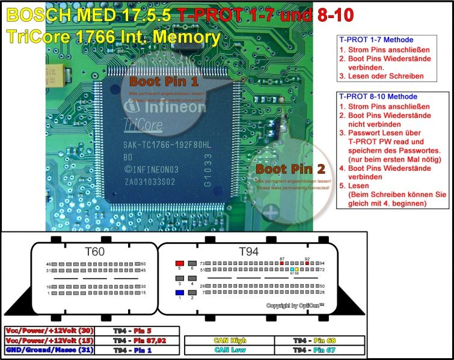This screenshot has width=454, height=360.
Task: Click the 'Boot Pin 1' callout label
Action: click(x=164, y=81)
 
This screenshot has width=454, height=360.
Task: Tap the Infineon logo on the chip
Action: click(x=164, y=108)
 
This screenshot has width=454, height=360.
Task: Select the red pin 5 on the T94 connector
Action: click(x=179, y=264)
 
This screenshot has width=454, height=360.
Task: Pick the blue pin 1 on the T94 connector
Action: click(x=179, y=293)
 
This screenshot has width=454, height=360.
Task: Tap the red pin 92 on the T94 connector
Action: click(x=307, y=264)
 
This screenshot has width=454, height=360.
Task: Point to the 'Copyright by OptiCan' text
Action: click(x=295, y=306)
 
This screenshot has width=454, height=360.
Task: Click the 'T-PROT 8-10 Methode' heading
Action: click(x=378, y=96)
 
